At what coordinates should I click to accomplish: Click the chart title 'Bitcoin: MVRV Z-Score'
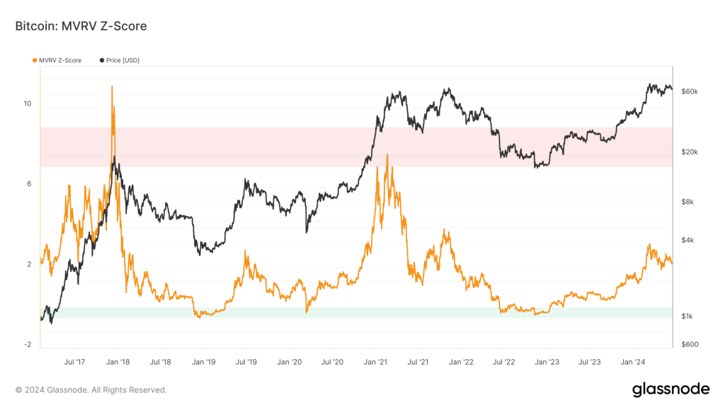(x=81, y=26)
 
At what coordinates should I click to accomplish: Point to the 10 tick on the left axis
(x=28, y=103)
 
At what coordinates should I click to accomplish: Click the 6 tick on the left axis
(x=29, y=184)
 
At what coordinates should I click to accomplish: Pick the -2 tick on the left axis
(x=28, y=345)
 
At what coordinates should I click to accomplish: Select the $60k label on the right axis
(x=690, y=92)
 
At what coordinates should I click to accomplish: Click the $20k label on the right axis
(x=690, y=152)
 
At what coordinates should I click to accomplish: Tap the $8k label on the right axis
(x=687, y=202)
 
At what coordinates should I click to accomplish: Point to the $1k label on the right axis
(x=687, y=316)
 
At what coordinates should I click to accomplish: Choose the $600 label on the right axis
(x=689, y=345)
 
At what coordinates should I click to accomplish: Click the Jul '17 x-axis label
(x=75, y=362)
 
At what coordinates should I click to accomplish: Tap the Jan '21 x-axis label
(x=376, y=362)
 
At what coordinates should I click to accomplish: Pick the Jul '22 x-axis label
(x=503, y=362)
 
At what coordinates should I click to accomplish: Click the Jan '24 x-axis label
(x=632, y=362)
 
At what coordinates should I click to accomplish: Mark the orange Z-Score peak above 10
(x=112, y=86)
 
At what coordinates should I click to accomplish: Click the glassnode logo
(x=670, y=389)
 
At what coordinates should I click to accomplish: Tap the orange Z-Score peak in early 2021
(x=387, y=154)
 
